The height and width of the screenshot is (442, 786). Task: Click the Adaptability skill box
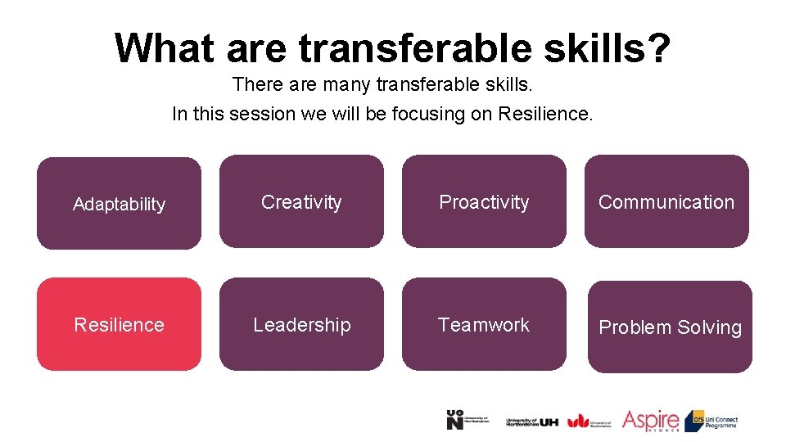[x=119, y=203]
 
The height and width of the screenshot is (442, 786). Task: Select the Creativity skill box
[x=301, y=201]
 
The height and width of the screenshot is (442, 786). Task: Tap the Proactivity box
[x=484, y=201]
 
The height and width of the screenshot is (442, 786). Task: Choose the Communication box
[x=666, y=201]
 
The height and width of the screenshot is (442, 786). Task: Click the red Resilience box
[x=119, y=324]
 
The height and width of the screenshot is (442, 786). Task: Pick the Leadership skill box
[x=301, y=324]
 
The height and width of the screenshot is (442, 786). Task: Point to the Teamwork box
[x=484, y=324]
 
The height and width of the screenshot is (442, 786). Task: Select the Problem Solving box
[x=670, y=327]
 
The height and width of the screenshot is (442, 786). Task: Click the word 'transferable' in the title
[x=415, y=47]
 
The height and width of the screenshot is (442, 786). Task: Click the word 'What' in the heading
[x=164, y=47]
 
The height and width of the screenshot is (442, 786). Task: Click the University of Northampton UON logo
[x=468, y=420]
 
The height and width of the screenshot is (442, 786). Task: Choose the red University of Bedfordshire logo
[x=589, y=420]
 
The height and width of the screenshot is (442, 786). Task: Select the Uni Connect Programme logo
[x=711, y=420]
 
